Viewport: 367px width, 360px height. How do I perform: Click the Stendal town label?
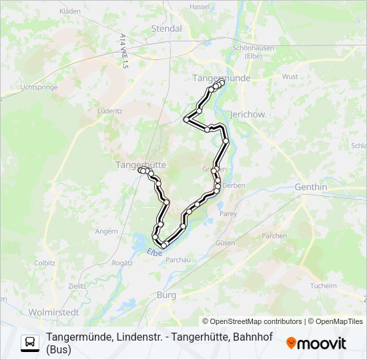(x=167, y=29)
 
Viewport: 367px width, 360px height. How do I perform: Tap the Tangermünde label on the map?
(x=221, y=78)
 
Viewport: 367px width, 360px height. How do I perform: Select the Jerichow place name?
(x=247, y=115)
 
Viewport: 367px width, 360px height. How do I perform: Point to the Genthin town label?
(x=311, y=187)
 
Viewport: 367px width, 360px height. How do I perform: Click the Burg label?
(x=166, y=294)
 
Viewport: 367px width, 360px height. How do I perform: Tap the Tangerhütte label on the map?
(x=141, y=164)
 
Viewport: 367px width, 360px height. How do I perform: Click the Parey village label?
(x=228, y=214)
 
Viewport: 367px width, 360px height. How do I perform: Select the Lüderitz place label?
(x=109, y=111)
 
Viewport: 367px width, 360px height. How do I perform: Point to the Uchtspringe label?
(x=37, y=87)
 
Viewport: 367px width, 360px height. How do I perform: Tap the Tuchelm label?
(x=324, y=285)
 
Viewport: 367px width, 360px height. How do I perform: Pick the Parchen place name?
(x=274, y=235)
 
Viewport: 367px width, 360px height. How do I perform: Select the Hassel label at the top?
(x=200, y=6)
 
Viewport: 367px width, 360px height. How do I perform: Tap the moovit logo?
(x=316, y=343)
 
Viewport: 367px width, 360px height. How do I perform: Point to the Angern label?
(x=107, y=231)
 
